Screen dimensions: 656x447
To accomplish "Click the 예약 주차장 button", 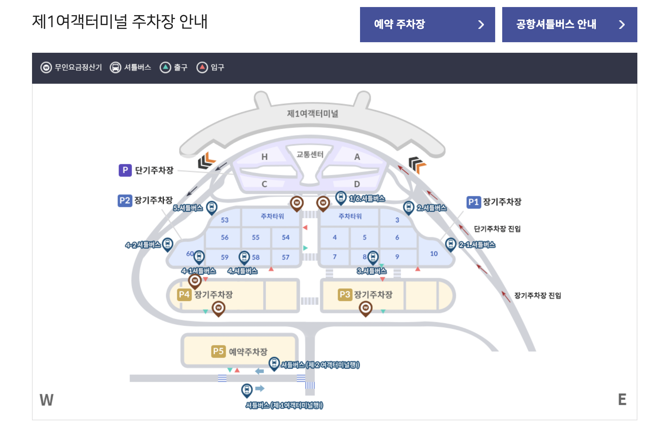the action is [427, 25].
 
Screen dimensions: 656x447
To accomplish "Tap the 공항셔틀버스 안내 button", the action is [569, 25].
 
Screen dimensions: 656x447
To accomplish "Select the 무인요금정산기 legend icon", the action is [46, 68].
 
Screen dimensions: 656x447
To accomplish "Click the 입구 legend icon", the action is [202, 68].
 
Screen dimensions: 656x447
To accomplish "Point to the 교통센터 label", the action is [310, 154].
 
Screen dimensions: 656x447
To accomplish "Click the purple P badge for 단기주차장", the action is [125, 170].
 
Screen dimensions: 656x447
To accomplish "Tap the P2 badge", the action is [125, 200].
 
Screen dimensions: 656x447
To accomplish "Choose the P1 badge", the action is [473, 202].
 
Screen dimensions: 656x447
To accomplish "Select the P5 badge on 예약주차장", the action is [218, 351].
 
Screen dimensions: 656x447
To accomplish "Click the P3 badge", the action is [345, 294].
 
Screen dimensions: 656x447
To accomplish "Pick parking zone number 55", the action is [256, 237].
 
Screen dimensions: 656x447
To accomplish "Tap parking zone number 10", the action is [434, 254].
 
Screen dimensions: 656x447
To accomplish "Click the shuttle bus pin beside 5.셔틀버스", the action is [212, 207].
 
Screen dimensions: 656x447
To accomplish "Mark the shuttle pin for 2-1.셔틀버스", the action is [450, 244].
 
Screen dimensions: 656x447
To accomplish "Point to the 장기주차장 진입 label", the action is [537, 295].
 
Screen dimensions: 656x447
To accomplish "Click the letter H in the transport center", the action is [264, 157].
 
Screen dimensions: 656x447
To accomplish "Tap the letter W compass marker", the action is [46, 400].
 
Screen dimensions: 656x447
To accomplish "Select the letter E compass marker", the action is [622, 400].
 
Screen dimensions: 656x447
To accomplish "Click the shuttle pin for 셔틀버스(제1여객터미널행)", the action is [247, 390].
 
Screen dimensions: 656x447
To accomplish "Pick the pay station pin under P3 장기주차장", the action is [365, 308].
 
